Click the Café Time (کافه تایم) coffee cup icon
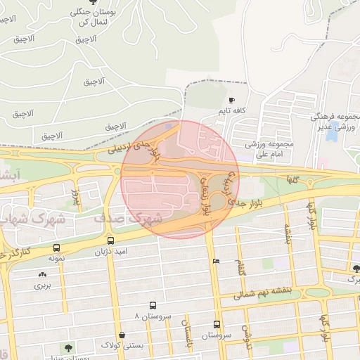coord(232,101)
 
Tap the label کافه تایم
coord(231,111)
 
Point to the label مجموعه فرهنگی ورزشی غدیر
coord(336,121)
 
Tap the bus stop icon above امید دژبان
coord(110,240)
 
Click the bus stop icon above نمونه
coord(56,248)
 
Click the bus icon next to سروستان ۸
coord(153,306)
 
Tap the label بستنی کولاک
coord(123,346)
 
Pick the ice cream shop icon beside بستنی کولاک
coord(123,335)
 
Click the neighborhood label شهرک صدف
coord(128,219)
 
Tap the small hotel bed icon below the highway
coord(215,262)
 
